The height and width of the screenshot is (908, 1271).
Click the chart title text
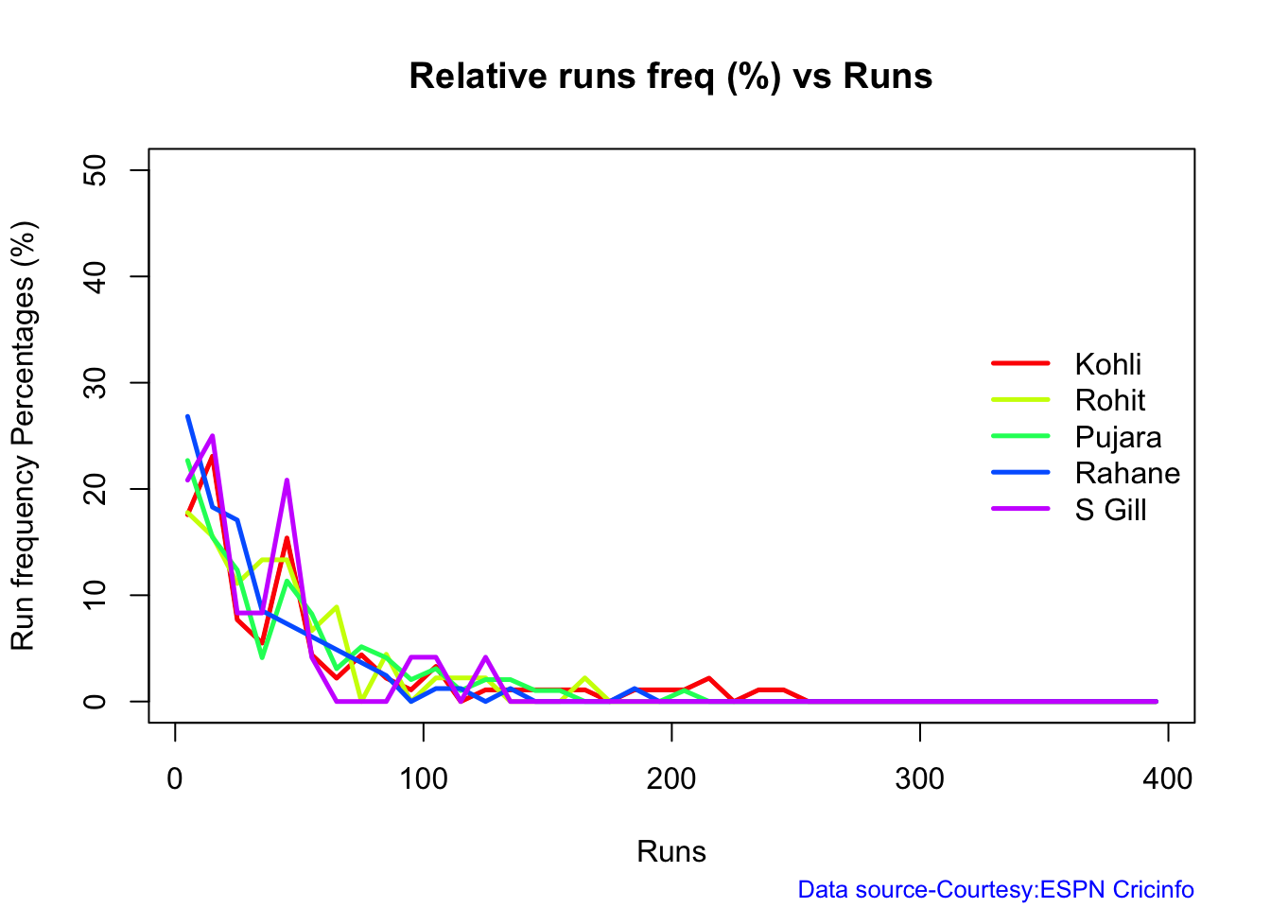click(670, 76)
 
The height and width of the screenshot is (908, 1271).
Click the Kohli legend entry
click(1107, 364)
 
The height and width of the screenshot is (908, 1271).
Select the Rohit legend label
click(1109, 400)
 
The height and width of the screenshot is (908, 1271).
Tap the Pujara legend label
click(1118, 437)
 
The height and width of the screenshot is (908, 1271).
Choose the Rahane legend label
click(1127, 473)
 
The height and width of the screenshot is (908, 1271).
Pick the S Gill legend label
click(1110, 510)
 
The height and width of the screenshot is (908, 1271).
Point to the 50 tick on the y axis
click(95, 170)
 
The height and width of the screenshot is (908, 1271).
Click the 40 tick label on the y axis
click(95, 276)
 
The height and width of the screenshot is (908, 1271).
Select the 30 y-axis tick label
click(95, 382)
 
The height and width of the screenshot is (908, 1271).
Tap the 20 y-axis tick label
click(95, 489)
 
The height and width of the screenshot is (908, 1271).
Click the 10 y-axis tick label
click(95, 595)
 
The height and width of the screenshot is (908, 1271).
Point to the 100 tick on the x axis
click(423, 778)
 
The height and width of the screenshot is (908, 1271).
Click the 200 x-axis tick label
click(671, 778)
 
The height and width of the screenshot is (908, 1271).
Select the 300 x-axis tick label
click(919, 778)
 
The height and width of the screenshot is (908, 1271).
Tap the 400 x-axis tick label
click(1168, 778)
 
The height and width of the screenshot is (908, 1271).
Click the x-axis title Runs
click(671, 851)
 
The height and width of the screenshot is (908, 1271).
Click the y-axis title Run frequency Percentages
click(23, 435)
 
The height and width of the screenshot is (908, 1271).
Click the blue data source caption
click(996, 890)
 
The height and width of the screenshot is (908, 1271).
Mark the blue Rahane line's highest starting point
click(187, 416)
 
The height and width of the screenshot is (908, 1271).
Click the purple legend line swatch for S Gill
click(1020, 510)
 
